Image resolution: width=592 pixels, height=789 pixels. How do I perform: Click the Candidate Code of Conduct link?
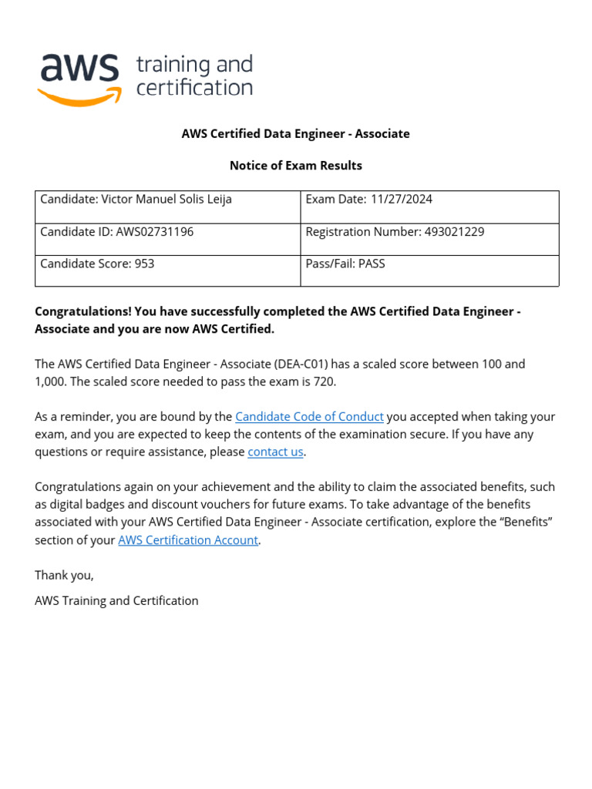pyautogui.click(x=309, y=417)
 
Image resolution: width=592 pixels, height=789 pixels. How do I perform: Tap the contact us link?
pyautogui.click(x=275, y=452)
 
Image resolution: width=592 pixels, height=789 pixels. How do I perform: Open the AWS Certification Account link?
pyautogui.click(x=188, y=540)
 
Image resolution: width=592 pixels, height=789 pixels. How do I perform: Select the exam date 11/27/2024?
pyautogui.click(x=402, y=200)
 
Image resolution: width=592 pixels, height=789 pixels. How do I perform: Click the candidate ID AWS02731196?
pyautogui.click(x=154, y=232)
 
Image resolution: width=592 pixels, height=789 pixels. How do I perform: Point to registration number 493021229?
pyautogui.click(x=454, y=232)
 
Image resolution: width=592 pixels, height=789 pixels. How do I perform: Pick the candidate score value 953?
pyautogui.click(x=144, y=264)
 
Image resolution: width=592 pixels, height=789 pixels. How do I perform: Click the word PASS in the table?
pyautogui.click(x=372, y=264)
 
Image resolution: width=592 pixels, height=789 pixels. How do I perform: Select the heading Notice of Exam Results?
pyautogui.click(x=296, y=166)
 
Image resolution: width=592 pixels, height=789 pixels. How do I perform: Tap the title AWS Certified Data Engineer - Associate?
pyautogui.click(x=296, y=134)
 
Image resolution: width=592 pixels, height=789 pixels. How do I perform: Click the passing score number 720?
pyautogui.click(x=325, y=382)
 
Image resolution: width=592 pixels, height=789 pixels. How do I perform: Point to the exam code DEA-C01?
pyautogui.click(x=306, y=364)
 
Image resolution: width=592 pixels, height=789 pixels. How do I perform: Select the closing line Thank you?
pyautogui.click(x=64, y=576)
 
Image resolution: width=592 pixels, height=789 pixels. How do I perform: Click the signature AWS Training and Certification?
pyautogui.click(x=116, y=601)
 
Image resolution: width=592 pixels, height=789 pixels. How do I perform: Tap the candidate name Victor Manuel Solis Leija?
pyautogui.click(x=166, y=200)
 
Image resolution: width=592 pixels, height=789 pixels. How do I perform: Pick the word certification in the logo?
pyautogui.click(x=194, y=88)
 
